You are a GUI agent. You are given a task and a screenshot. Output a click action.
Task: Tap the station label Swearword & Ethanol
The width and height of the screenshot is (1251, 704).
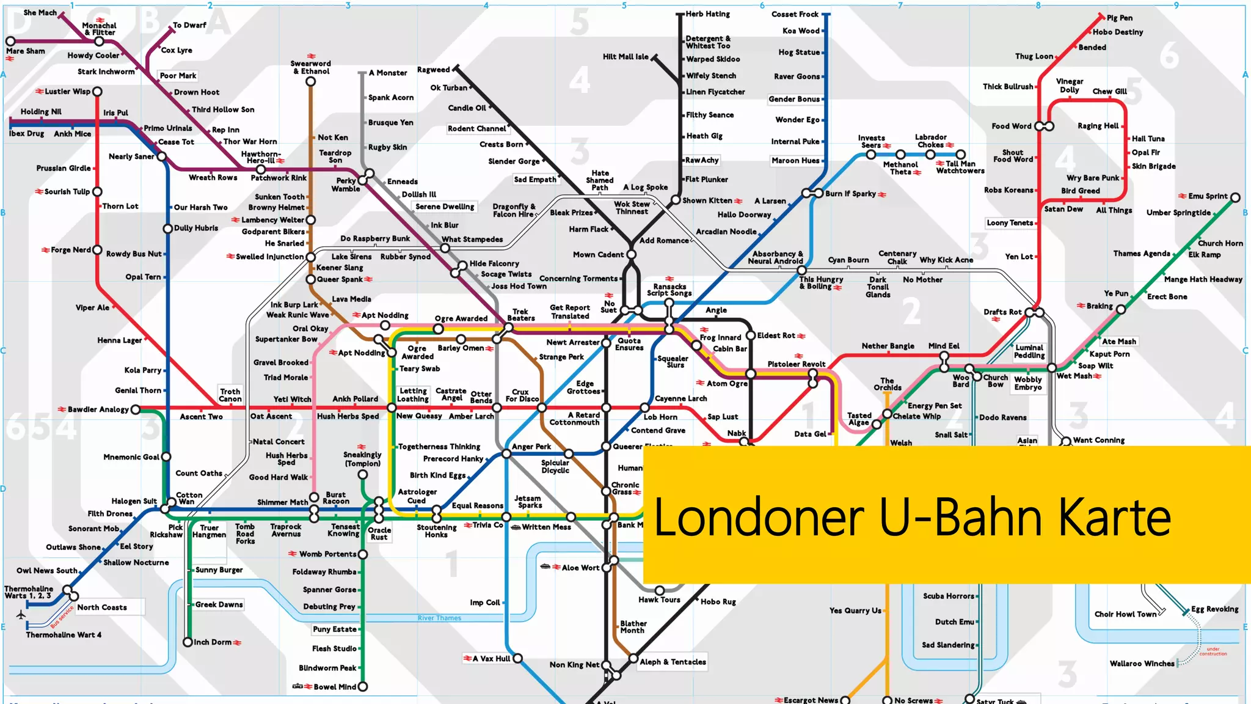(x=310, y=67)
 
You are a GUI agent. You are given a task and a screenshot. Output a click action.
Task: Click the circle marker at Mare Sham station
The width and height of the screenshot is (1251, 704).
(x=10, y=42)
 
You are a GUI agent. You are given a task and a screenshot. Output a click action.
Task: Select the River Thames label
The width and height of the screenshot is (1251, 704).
(x=439, y=618)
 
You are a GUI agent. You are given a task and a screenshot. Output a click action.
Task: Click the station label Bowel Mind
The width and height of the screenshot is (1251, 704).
(x=334, y=687)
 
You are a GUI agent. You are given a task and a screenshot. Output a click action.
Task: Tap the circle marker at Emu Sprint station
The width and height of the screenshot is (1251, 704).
(x=1235, y=197)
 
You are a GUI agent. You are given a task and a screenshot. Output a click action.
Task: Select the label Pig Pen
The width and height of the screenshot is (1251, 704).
(x=1119, y=18)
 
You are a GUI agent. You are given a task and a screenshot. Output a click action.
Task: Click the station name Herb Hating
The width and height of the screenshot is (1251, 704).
(x=707, y=14)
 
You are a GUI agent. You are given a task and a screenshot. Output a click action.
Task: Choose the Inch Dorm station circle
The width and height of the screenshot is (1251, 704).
(x=188, y=642)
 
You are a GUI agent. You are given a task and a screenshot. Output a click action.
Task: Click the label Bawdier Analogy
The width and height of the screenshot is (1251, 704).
(x=98, y=409)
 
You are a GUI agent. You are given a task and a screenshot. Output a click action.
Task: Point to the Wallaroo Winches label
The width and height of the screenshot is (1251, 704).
(x=1142, y=664)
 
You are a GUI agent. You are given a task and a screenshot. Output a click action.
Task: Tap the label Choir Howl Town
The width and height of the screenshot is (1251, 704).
(x=1125, y=614)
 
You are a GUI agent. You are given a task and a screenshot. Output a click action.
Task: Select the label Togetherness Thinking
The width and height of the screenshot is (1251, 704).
(x=439, y=447)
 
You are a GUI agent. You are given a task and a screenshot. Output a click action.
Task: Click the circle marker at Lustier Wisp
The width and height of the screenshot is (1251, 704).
(x=97, y=92)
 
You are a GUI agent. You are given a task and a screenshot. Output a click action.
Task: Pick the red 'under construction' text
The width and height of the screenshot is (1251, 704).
(x=1213, y=651)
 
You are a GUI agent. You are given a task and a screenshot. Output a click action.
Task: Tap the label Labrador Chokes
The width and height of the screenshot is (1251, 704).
(x=930, y=141)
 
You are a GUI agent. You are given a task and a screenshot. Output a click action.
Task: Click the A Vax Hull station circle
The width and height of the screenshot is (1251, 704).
(x=517, y=658)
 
